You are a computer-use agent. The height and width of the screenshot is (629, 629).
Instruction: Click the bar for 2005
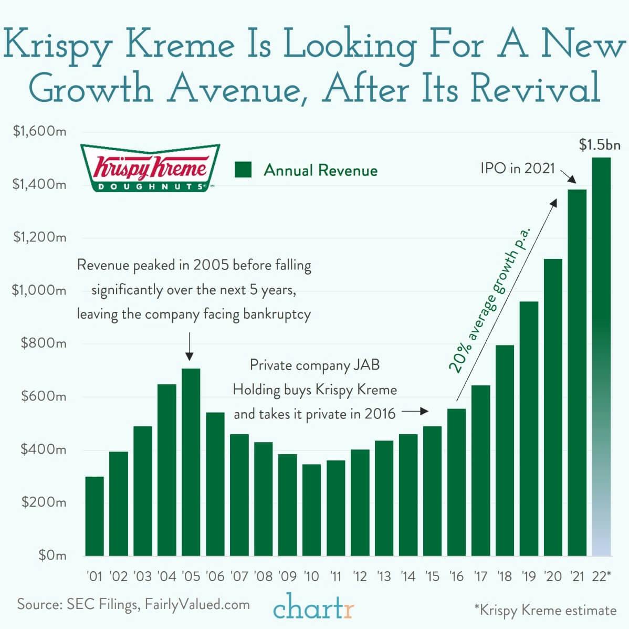click(x=191, y=462)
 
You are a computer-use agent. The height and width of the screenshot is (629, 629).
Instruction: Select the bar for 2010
click(x=311, y=509)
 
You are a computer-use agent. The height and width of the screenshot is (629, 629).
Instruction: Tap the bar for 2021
click(x=577, y=373)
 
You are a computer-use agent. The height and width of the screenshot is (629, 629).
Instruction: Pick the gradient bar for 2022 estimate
click(x=601, y=357)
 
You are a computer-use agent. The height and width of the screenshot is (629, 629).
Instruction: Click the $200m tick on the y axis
click(x=44, y=502)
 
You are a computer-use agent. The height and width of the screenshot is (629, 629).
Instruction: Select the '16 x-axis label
click(x=456, y=576)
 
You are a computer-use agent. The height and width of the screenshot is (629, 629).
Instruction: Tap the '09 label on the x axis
click(x=287, y=576)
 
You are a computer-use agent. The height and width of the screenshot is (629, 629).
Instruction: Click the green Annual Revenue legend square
click(x=244, y=170)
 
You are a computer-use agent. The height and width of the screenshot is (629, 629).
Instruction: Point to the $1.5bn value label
click(x=599, y=144)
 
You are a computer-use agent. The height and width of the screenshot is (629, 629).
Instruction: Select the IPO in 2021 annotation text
click(x=517, y=169)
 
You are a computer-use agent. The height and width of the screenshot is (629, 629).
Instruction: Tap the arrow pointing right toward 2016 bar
click(x=418, y=412)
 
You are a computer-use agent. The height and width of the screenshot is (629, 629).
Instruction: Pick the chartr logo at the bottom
click(x=314, y=607)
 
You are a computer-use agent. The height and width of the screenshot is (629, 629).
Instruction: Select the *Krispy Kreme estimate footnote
click(x=545, y=610)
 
